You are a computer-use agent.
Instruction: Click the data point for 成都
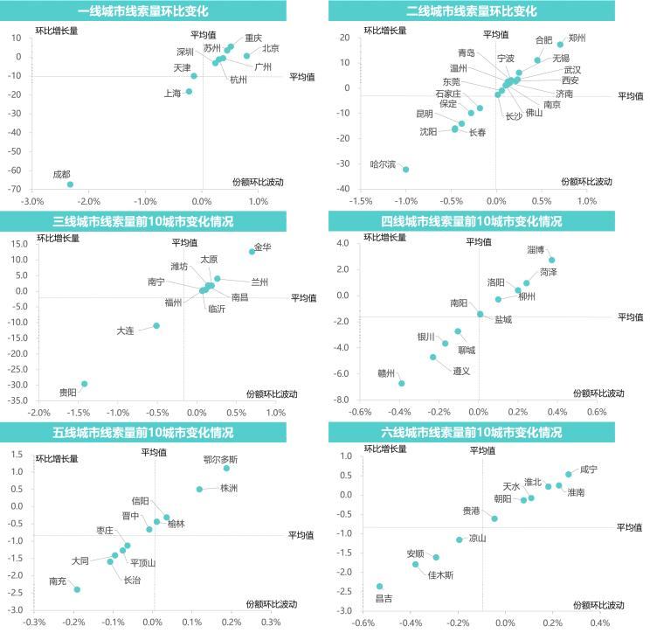click(70, 184)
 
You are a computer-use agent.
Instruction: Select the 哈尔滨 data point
click(405, 170)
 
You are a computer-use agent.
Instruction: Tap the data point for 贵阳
click(84, 384)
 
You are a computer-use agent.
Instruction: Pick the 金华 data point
click(252, 251)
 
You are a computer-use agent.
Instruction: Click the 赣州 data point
click(402, 383)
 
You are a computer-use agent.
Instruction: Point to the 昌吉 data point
click(379, 586)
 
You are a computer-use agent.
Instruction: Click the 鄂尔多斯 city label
click(219, 459)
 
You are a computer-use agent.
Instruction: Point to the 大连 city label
click(126, 330)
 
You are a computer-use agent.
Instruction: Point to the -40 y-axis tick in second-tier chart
click(343, 189)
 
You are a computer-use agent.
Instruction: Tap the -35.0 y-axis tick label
click(17, 400)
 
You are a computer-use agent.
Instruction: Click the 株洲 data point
click(199, 490)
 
